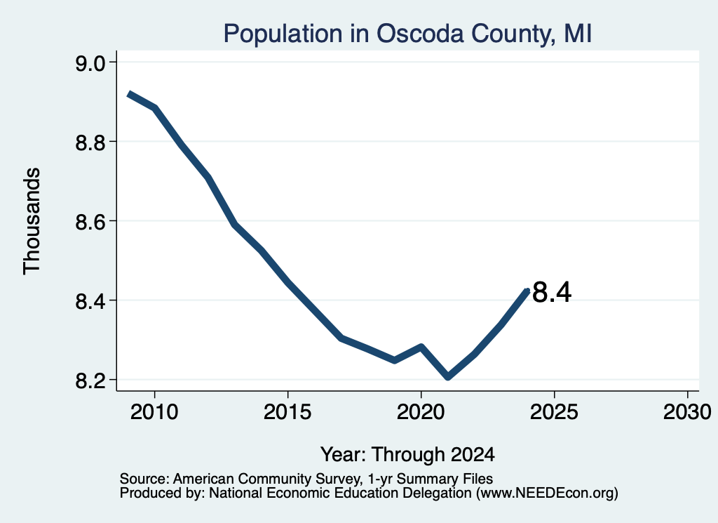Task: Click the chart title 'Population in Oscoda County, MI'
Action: pos(407,34)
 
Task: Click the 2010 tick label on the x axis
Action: pos(154,412)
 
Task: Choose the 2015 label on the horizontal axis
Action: pos(287,412)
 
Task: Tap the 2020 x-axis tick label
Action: pos(421,412)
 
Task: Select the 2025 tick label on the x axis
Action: pos(554,412)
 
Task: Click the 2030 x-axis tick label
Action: pos(687,412)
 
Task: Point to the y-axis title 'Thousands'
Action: pos(32,221)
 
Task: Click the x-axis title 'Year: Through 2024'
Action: pos(407,455)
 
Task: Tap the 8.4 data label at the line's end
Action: pos(553,293)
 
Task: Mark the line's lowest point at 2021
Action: pos(448,377)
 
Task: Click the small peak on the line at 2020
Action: pos(421,347)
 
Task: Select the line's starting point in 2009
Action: pos(129,94)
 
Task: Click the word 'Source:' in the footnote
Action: pos(144,479)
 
